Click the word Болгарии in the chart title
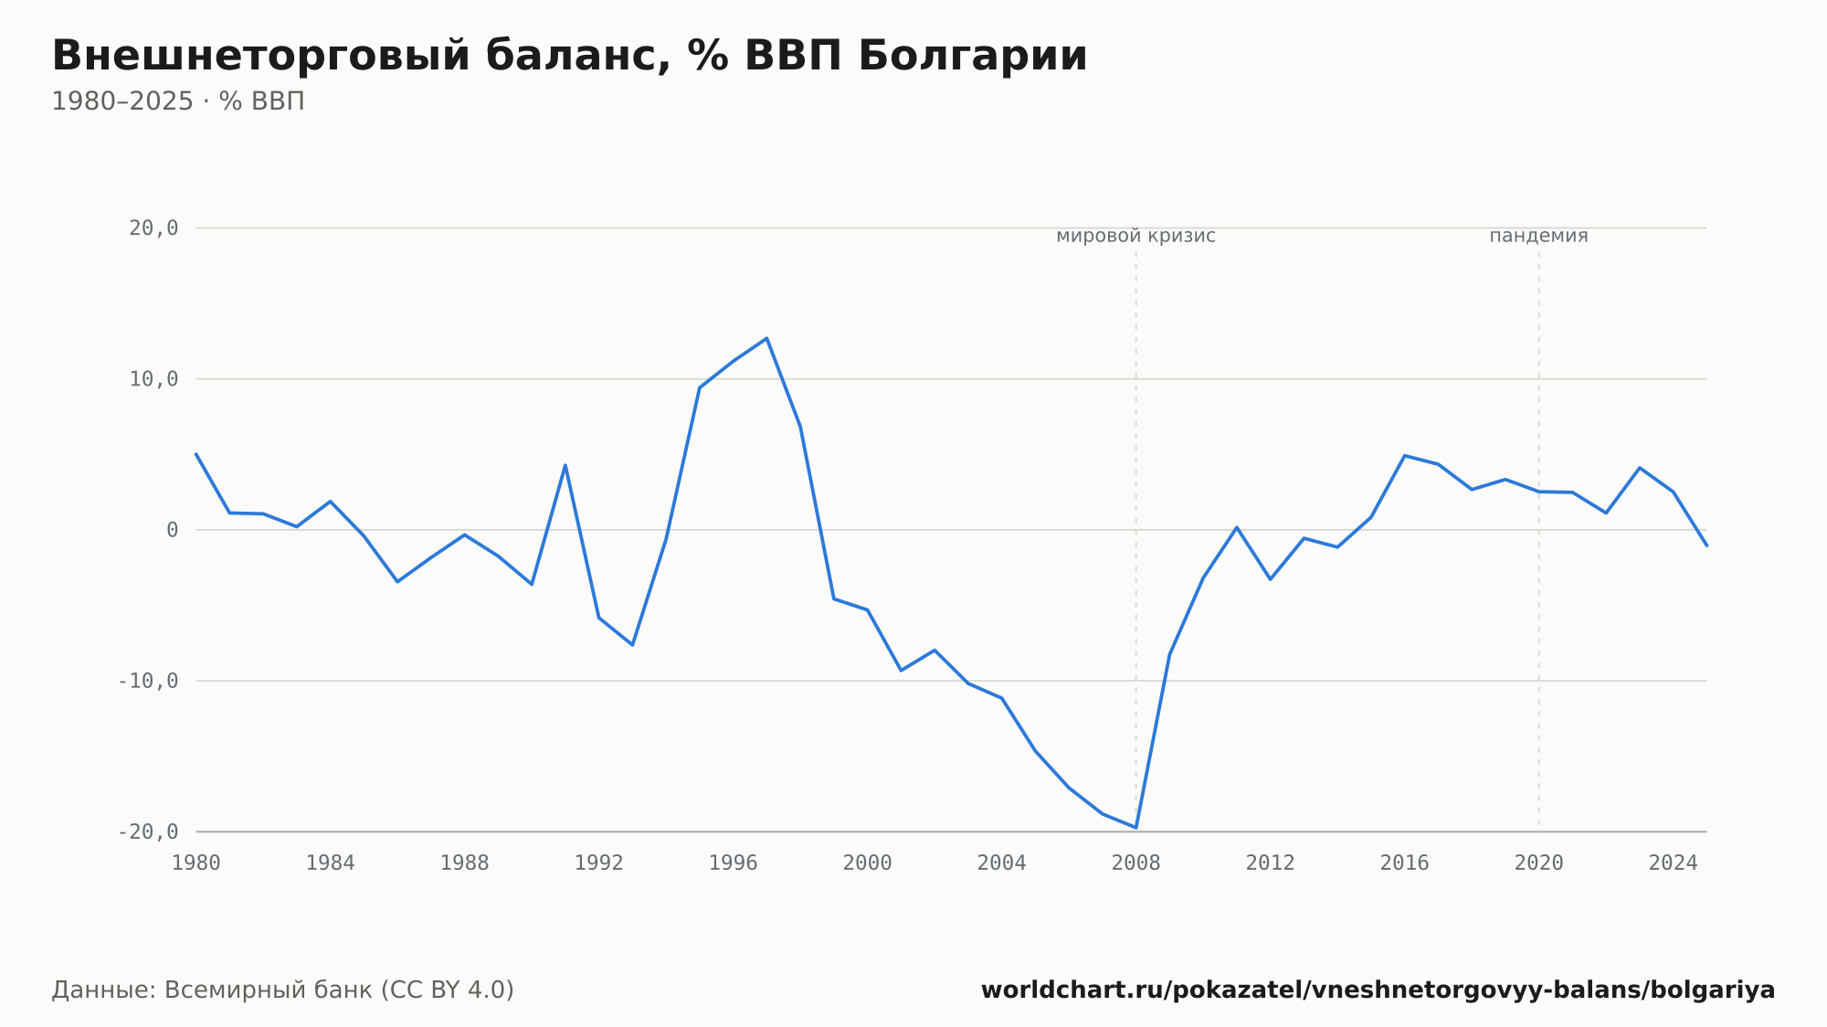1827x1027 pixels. click(973, 56)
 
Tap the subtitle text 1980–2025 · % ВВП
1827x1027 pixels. click(178, 101)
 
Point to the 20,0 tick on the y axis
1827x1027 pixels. click(153, 228)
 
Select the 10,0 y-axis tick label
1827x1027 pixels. click(153, 379)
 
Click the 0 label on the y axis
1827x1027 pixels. click(173, 530)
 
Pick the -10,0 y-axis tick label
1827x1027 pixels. click(148, 681)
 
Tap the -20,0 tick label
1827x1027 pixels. click(148, 831)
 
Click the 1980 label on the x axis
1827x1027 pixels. click(196, 863)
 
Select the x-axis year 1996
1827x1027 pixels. click(734, 863)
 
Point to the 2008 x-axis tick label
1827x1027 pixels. click(1136, 863)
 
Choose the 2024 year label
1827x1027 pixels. click(1674, 863)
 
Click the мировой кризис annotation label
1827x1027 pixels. click(1136, 236)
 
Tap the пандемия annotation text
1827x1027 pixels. click(1539, 236)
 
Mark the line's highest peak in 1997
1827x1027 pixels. click(766, 338)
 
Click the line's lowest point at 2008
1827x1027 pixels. click(1136, 828)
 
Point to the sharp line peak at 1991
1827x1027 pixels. click(565, 465)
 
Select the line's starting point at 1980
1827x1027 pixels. click(196, 454)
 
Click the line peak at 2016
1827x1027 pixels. click(1404, 455)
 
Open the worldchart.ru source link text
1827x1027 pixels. click(1378, 990)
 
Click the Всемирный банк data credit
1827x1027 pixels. click(283, 990)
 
